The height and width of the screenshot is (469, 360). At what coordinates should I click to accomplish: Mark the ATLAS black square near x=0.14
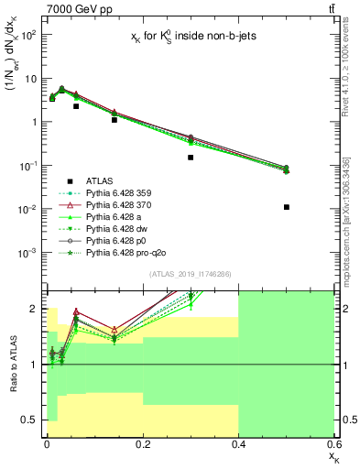coord(114,120)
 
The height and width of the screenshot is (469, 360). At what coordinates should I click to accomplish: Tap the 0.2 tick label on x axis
coord(142,443)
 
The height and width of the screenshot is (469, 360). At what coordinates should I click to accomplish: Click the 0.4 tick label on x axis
coord(238,443)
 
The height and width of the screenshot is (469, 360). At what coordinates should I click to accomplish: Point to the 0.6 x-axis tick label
coord(333,443)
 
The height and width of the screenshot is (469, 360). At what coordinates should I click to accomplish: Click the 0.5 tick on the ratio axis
coord(32,420)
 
